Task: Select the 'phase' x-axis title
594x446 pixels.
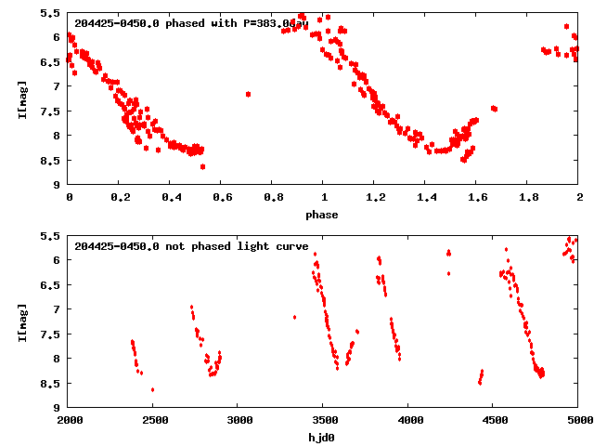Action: (x=323, y=215)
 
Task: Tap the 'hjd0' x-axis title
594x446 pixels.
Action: (x=323, y=436)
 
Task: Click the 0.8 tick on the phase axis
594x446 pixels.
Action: (x=273, y=198)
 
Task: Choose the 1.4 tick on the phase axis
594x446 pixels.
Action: (x=425, y=198)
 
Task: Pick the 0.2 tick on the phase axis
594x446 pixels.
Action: (x=120, y=198)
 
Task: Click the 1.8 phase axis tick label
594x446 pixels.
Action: (x=527, y=198)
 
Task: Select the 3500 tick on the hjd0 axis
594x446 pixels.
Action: (x=324, y=420)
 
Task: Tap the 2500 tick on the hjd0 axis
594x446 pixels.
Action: (x=154, y=420)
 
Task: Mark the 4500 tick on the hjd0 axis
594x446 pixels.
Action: (x=494, y=420)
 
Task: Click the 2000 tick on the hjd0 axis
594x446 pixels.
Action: (x=70, y=420)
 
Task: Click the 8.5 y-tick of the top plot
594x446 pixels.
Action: (x=54, y=160)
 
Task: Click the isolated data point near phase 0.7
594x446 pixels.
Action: (x=248, y=94)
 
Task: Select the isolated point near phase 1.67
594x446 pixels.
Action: (x=494, y=109)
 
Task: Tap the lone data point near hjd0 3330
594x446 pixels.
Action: (x=294, y=317)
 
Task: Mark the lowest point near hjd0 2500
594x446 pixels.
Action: (x=152, y=389)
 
